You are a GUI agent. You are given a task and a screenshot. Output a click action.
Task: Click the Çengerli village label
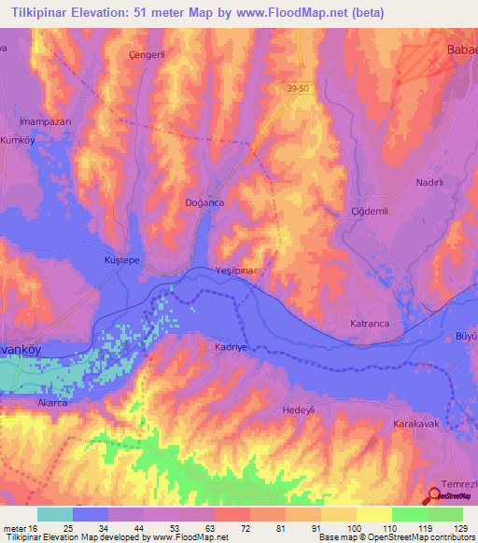[146, 55]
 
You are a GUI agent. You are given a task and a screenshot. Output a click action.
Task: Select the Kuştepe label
[121, 261]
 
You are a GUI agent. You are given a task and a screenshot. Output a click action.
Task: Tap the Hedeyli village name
[302, 410]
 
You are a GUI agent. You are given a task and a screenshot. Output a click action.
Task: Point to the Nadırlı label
[429, 184]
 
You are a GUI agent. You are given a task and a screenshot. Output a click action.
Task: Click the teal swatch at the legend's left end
[55, 514]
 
